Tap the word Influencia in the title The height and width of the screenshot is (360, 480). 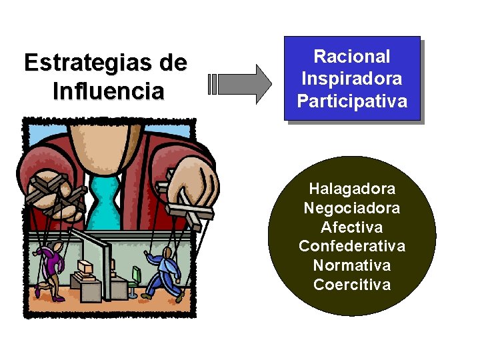pos(107,90)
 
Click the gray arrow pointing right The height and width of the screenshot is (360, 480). pos(241,84)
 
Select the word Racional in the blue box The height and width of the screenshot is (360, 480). pos(351,57)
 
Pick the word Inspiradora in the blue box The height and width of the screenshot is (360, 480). pos(351,79)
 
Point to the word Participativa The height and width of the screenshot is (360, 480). pos(351,101)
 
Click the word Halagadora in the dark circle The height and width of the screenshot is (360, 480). pos(352,189)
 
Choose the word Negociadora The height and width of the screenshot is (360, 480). pos(352,208)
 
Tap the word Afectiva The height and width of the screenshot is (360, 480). pos(352,227)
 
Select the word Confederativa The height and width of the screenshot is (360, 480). pos(352,246)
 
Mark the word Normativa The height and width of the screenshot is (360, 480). pos(352,265)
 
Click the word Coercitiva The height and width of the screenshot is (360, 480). pos(352,285)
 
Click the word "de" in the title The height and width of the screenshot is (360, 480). pos(173,63)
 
